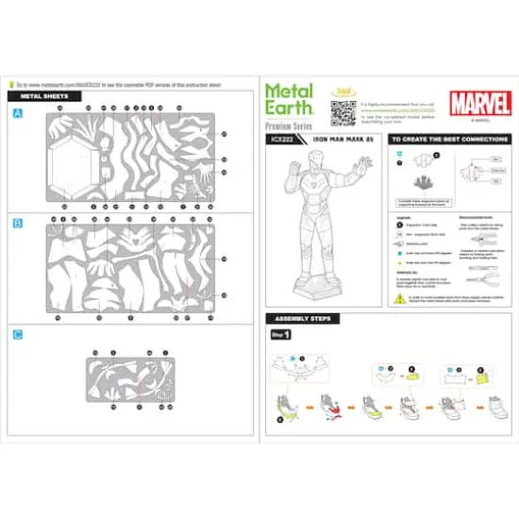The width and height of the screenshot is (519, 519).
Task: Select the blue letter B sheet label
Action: (x=18, y=224)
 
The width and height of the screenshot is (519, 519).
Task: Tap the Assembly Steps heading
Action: (x=297, y=318)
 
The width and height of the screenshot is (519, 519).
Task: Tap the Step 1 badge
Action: (x=281, y=335)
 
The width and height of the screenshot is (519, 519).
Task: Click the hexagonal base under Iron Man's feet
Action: (x=325, y=286)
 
